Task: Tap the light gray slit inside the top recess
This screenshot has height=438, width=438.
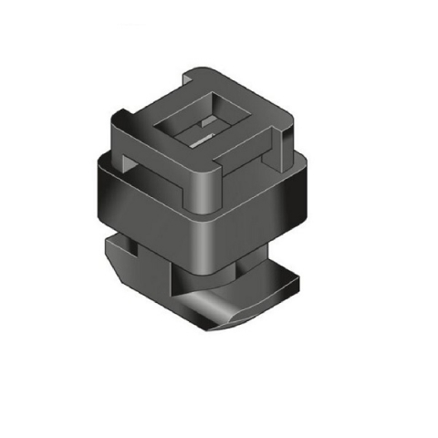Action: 199,139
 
